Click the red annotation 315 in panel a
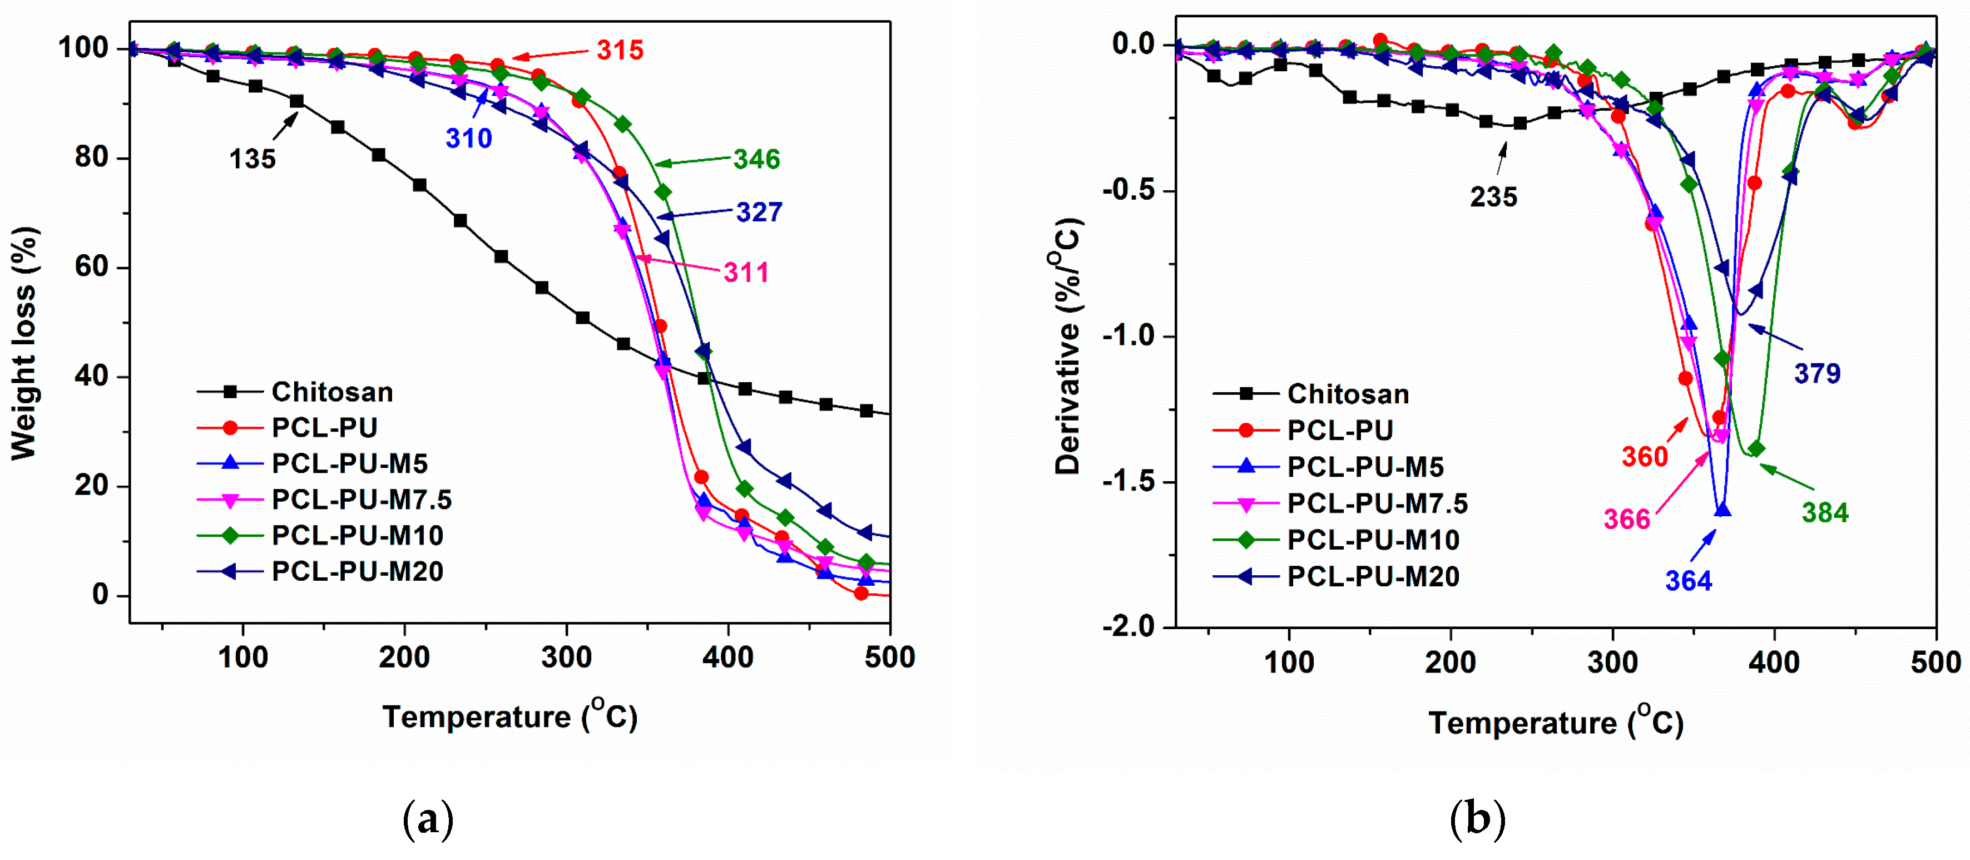coord(620,51)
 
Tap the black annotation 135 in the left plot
coord(253,159)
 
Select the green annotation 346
coord(756,159)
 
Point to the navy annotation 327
coord(759,212)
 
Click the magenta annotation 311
coord(746,273)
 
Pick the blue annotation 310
coord(469,139)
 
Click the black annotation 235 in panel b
coord(1493,197)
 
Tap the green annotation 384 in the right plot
coord(1825,513)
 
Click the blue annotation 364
coord(1689,581)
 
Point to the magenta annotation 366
coord(1627,520)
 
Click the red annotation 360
coord(1644,457)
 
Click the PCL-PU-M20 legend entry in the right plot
coord(1373,576)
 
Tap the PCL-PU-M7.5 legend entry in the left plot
coord(361,500)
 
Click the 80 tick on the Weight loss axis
coord(92,157)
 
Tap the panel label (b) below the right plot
coord(1477,819)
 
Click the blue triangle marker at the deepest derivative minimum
coord(1722,510)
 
